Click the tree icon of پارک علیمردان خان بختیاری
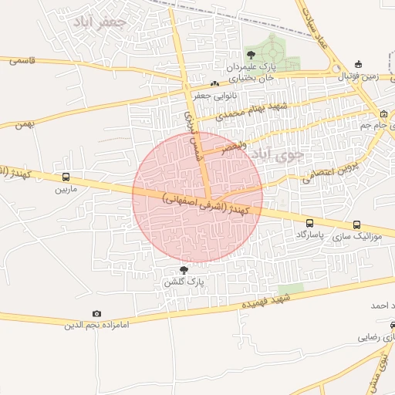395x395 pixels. pos(251,54)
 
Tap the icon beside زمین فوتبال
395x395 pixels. pos(357,64)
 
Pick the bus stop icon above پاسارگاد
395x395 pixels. pos(309,223)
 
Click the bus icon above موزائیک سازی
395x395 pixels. pos(356,225)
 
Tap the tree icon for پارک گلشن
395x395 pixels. pos(184,269)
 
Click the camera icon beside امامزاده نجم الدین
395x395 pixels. pos(96,313)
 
